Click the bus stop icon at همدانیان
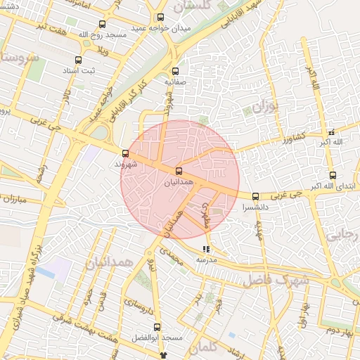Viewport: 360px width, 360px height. pyautogui.click(x=178, y=171)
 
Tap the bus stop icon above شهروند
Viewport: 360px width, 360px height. pyautogui.click(x=126, y=153)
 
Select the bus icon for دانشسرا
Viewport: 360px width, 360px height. pyautogui.click(x=255, y=197)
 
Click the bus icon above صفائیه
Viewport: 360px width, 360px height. pyautogui.click(x=176, y=71)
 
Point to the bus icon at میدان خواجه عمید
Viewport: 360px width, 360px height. pyautogui.click(x=160, y=18)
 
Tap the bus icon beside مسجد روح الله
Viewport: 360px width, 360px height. pyautogui.click(x=103, y=25)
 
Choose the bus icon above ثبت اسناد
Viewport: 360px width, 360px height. pyautogui.click(x=77, y=60)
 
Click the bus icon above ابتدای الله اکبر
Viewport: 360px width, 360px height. pyautogui.click(x=333, y=175)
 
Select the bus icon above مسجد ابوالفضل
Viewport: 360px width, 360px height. pyautogui.click(x=157, y=327)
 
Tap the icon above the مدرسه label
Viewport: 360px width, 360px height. pyautogui.click(x=206, y=249)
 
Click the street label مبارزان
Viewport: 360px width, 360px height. pyautogui.click(x=12, y=200)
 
